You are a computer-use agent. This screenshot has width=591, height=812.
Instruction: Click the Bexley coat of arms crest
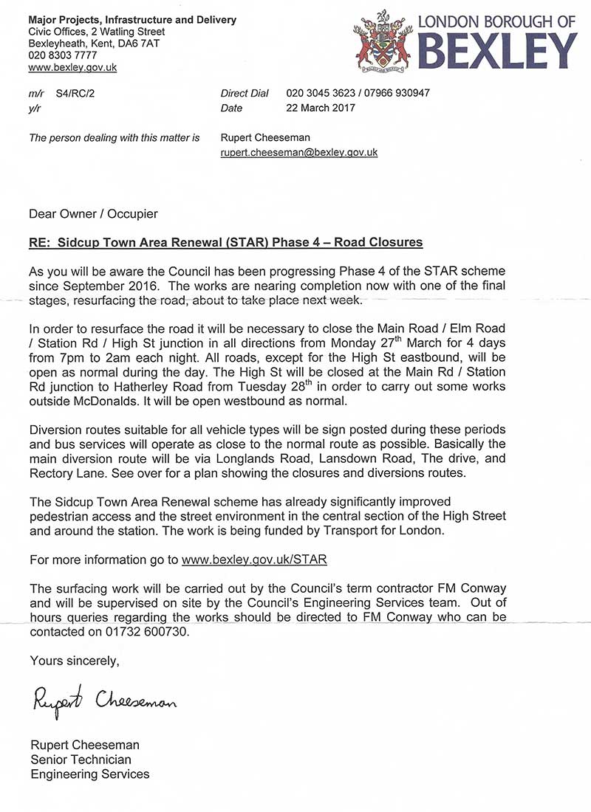(383, 41)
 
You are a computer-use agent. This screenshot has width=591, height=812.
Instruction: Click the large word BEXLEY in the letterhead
(497, 51)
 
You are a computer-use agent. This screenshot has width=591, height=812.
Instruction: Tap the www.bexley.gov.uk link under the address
(72, 67)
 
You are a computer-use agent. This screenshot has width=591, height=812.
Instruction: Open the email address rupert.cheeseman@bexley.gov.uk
(299, 152)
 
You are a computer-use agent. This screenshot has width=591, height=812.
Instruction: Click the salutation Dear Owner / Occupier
(93, 214)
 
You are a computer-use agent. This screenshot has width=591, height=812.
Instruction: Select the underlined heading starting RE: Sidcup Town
(226, 243)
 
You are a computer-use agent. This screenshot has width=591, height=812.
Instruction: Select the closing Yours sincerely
(74, 660)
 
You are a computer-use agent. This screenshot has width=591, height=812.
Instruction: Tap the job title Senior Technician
(81, 760)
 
